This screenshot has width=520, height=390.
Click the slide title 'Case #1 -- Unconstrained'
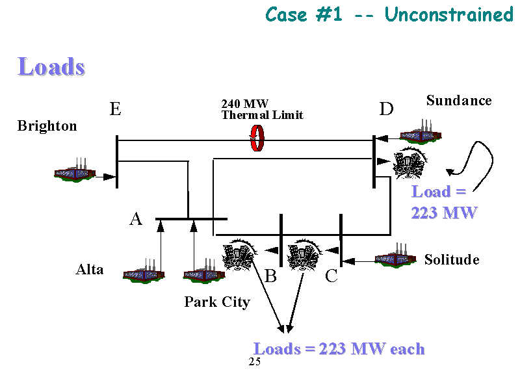click(x=389, y=14)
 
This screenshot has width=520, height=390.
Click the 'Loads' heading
click(x=51, y=67)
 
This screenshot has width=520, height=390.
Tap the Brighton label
click(x=47, y=126)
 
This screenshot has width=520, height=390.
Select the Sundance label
click(x=459, y=101)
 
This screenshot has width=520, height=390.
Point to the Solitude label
click(x=452, y=260)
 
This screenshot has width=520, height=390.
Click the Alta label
click(x=90, y=270)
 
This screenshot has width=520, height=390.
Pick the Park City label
click(x=216, y=302)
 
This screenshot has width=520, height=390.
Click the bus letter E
click(x=115, y=109)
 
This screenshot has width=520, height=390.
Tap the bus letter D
click(x=386, y=109)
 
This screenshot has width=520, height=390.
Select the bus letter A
click(x=135, y=220)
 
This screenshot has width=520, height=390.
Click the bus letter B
click(x=271, y=277)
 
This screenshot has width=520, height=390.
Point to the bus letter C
click(x=331, y=277)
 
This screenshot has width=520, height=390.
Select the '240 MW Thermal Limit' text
click(x=262, y=109)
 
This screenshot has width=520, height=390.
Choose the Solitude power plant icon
click(x=396, y=256)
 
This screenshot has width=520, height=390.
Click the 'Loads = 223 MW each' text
click(x=339, y=349)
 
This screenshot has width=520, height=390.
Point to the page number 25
click(x=254, y=362)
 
